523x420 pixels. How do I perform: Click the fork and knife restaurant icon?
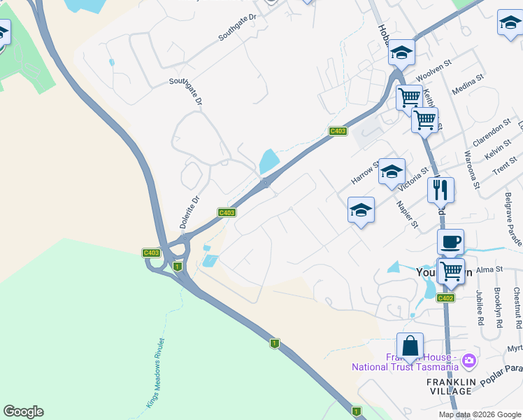(x=440, y=189)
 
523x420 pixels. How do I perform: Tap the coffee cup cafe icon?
(x=451, y=241)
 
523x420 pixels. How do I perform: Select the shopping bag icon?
(x=410, y=345)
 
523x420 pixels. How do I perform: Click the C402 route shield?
(x=446, y=298)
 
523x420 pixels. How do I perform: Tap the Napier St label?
(x=406, y=214)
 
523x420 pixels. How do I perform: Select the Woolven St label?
(x=431, y=72)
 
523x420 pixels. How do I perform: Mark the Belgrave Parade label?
(x=513, y=220)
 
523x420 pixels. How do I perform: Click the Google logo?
(x=23, y=412)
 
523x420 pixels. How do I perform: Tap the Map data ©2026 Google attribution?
(x=479, y=414)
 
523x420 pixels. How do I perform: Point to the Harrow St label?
(x=364, y=172)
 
